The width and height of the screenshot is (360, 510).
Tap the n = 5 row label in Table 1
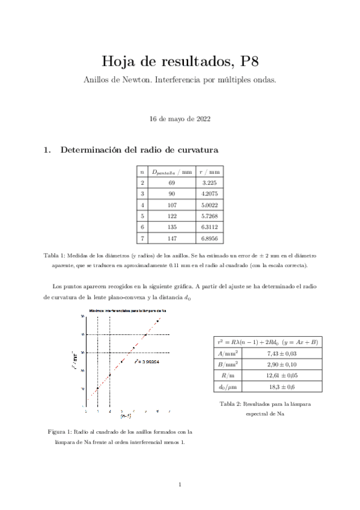point(142,232)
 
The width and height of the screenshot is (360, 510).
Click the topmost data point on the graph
point(157,320)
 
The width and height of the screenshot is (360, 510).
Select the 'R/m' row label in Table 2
point(227,375)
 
